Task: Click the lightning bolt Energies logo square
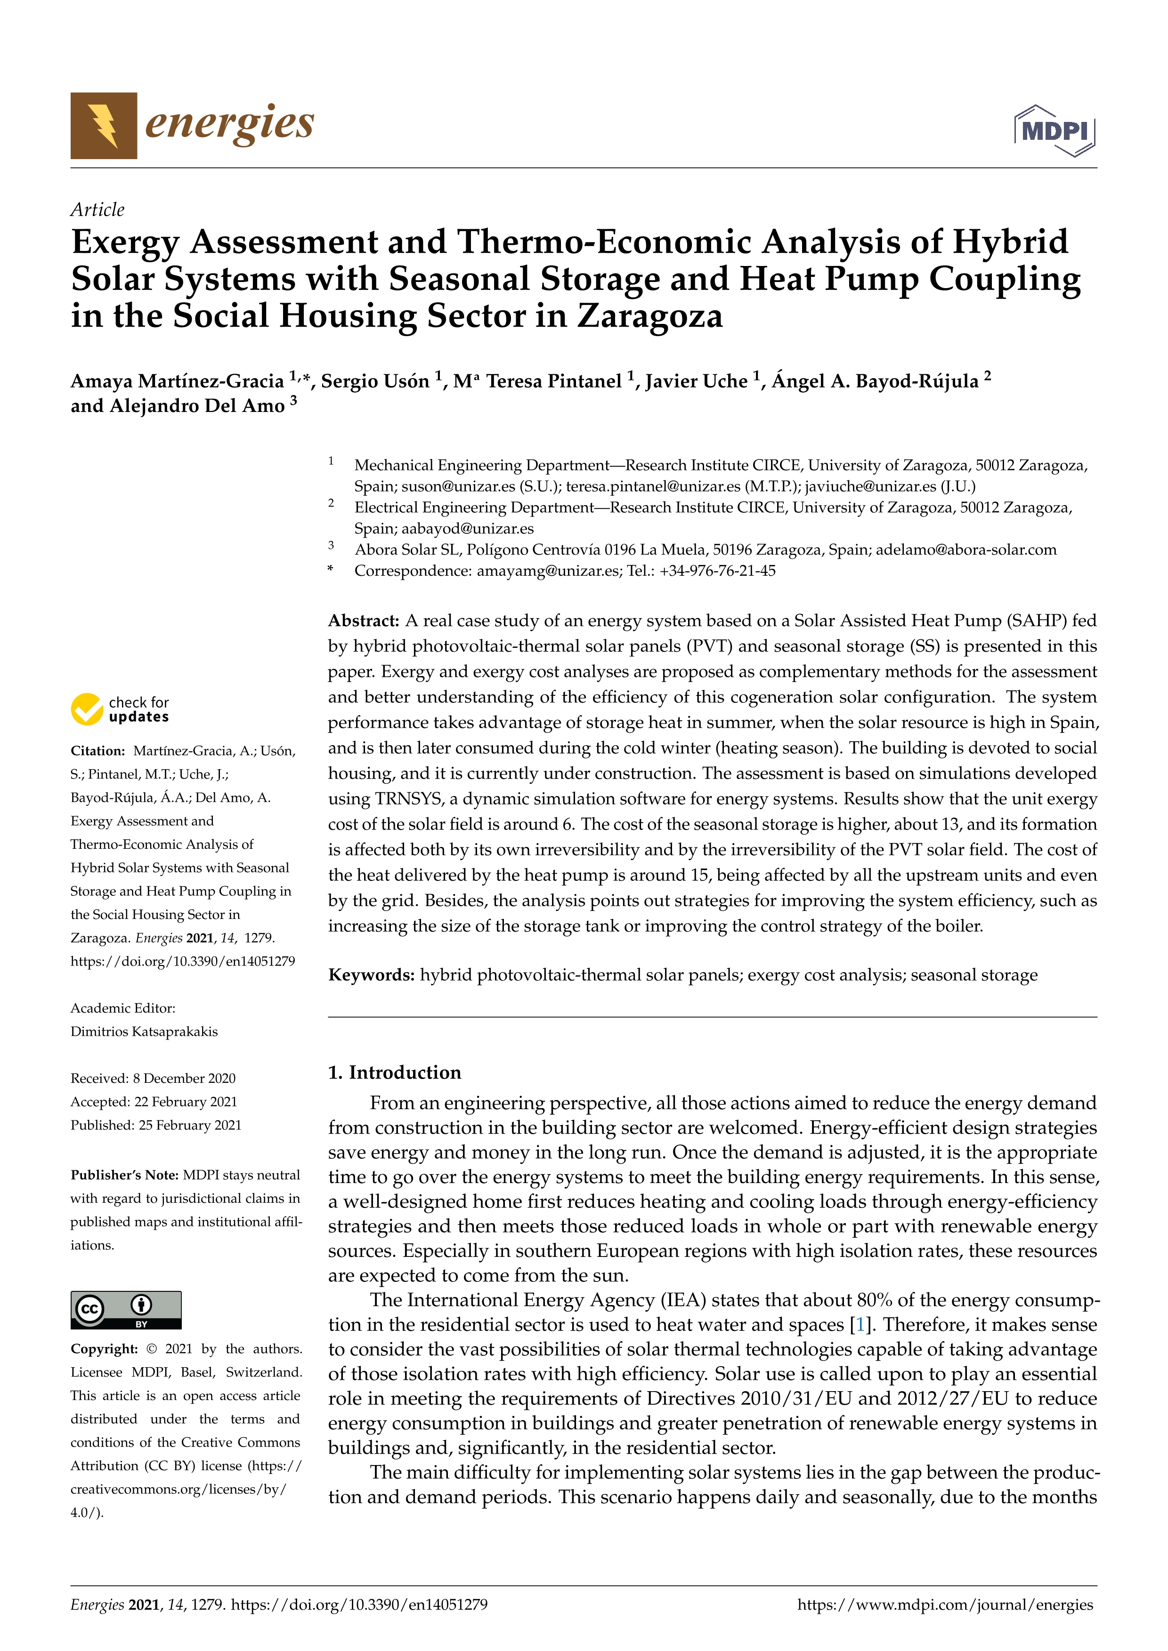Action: [x=104, y=126]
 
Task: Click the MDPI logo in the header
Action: [x=1054, y=131]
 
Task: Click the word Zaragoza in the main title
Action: [x=649, y=316]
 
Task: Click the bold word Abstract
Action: [x=363, y=620]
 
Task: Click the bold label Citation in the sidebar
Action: [x=98, y=751]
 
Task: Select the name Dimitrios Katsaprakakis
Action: [x=144, y=1031]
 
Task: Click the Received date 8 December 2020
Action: [x=184, y=1078]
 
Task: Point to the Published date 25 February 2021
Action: [x=190, y=1125]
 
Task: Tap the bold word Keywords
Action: [x=371, y=975]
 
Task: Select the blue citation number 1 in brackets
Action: [x=859, y=1325]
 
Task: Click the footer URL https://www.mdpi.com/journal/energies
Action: [x=945, y=1604]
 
